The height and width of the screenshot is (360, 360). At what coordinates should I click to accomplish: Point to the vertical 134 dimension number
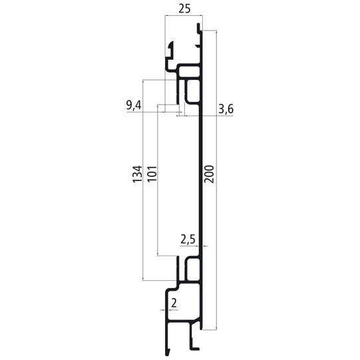point(137,174)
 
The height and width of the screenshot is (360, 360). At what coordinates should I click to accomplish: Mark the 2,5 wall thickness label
point(188,238)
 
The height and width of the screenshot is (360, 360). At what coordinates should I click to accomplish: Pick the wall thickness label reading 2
point(174,303)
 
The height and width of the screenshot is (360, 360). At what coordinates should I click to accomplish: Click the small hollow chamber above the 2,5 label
point(193,268)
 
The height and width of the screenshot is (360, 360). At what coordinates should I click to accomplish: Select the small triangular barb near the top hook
point(196,43)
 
